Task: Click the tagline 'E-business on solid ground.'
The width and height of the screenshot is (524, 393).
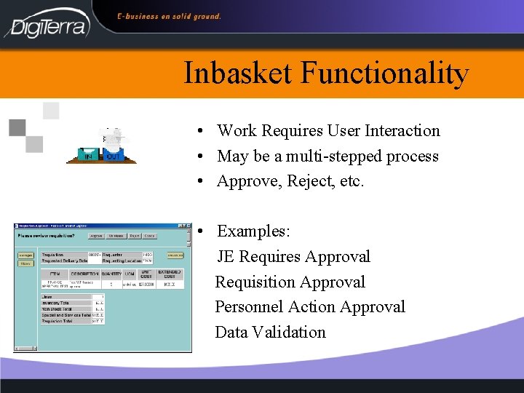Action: (x=170, y=16)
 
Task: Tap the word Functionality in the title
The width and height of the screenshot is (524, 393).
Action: (x=385, y=74)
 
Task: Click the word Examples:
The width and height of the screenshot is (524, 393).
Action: (x=253, y=231)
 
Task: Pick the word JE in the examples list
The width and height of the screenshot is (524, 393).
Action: (x=226, y=257)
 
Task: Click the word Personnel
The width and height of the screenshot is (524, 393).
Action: (x=248, y=307)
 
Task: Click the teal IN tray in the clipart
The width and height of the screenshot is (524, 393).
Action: (x=88, y=155)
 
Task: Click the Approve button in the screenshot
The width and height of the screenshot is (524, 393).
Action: (x=95, y=236)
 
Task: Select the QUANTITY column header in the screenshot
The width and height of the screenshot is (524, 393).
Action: (x=111, y=274)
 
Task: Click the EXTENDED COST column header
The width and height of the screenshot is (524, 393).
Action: (x=169, y=274)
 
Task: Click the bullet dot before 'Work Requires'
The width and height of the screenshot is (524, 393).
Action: (x=199, y=132)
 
